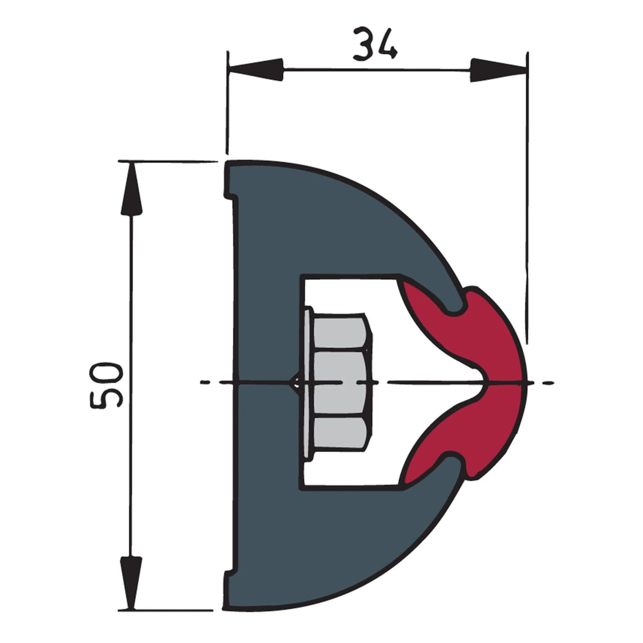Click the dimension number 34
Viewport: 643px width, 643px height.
pyautogui.click(x=376, y=44)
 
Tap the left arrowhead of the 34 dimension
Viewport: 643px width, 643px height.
pyautogui.click(x=255, y=70)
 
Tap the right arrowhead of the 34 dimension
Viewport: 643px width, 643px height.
pyautogui.click(x=499, y=70)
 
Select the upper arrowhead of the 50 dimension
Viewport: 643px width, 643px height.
pyautogui.click(x=131, y=189)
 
